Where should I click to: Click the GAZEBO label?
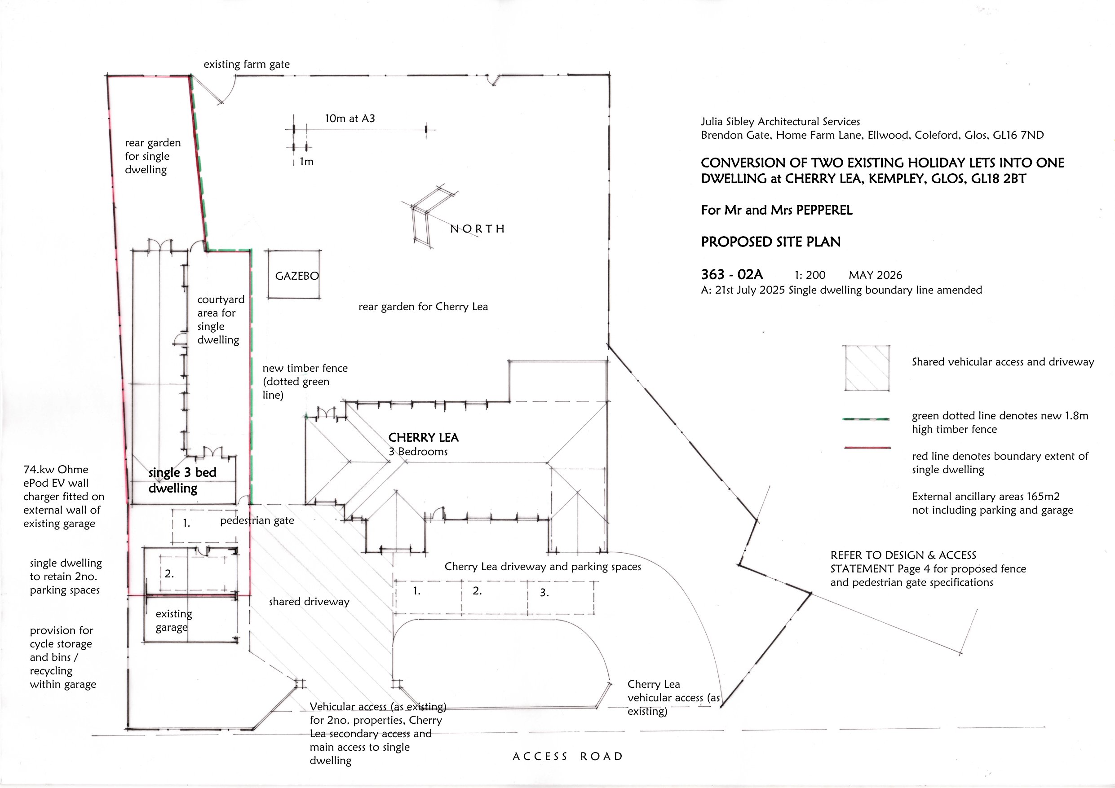296,276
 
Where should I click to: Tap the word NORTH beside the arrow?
478,229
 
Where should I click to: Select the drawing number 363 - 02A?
732,275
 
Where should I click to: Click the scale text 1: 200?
810,275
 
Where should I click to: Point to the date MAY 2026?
875,275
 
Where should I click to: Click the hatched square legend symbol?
867,368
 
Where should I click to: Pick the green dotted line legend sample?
867,418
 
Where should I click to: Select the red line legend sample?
867,447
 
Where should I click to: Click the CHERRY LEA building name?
424,437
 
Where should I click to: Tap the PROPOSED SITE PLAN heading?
771,242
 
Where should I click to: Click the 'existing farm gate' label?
246,64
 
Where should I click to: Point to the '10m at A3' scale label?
350,119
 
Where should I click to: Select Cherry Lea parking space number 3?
544,592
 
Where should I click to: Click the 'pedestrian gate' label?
257,520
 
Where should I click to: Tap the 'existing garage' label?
173,621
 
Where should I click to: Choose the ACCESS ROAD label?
567,757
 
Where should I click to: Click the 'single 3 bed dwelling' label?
182,480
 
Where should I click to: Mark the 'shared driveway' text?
309,602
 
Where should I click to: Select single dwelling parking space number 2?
169,574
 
